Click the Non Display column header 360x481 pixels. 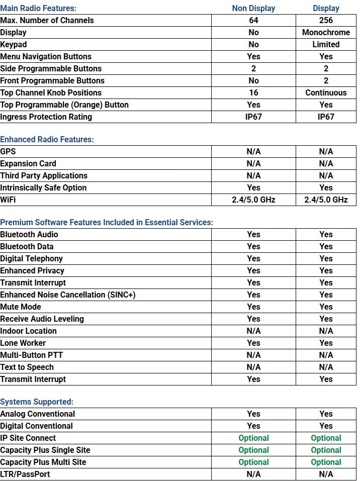point(253,8)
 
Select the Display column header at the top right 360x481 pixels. point(326,8)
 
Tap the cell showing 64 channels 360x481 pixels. point(253,20)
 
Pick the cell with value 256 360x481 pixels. point(326,20)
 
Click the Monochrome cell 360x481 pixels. point(326,32)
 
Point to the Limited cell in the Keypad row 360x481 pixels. point(326,44)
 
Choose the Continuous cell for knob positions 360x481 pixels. point(326,92)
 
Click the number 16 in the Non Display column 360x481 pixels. point(253,92)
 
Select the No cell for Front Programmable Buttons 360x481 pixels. point(253,80)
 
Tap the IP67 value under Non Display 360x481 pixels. point(253,117)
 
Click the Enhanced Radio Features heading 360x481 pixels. point(47,139)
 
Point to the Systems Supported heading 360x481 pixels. point(37,402)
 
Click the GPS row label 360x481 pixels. point(8,151)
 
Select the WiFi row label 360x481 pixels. point(9,200)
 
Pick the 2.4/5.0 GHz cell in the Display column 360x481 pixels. point(326,200)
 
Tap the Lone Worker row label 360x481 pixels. point(23,343)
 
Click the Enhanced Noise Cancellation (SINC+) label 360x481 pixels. point(67,295)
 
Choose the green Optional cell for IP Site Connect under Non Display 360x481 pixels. point(253,438)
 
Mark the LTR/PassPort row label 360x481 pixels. point(25,474)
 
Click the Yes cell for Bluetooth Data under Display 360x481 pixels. point(326,246)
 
